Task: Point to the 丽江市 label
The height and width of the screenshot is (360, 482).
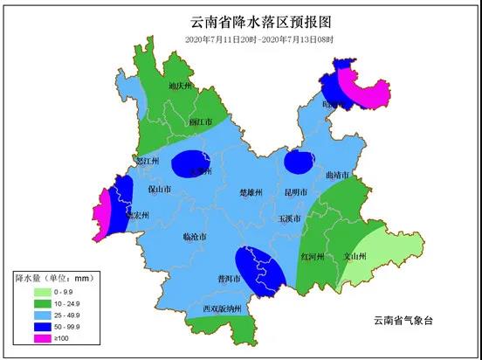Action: [x=202, y=122]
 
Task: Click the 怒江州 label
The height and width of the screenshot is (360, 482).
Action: [x=148, y=162]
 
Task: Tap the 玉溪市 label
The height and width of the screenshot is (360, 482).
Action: [x=290, y=218]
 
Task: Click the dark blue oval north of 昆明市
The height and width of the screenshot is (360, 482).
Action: [x=300, y=162]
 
